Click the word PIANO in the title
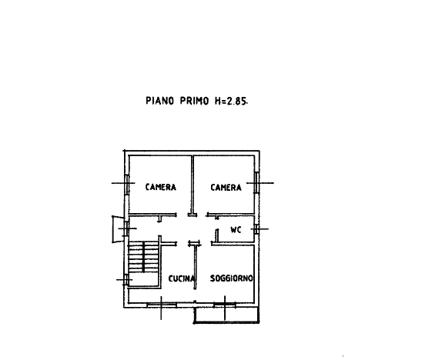[x=160, y=101]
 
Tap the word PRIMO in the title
[x=195, y=101]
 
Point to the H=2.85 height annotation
[x=231, y=101]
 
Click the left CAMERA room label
[x=161, y=187]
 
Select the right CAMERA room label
[x=226, y=188]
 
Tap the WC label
[x=236, y=229]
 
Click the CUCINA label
[x=181, y=278]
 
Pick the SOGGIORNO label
[x=232, y=278]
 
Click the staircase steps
[x=143, y=257]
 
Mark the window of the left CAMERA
[x=127, y=185]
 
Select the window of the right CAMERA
[x=256, y=183]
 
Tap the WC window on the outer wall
[x=256, y=229]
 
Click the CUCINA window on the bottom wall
[x=162, y=305]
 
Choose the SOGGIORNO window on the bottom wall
[x=225, y=305]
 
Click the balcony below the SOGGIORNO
[x=226, y=315]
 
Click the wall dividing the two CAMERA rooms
[x=193, y=185]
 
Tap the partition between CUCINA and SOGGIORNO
[x=196, y=267]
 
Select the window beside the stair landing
[x=126, y=280]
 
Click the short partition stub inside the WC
[x=217, y=235]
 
